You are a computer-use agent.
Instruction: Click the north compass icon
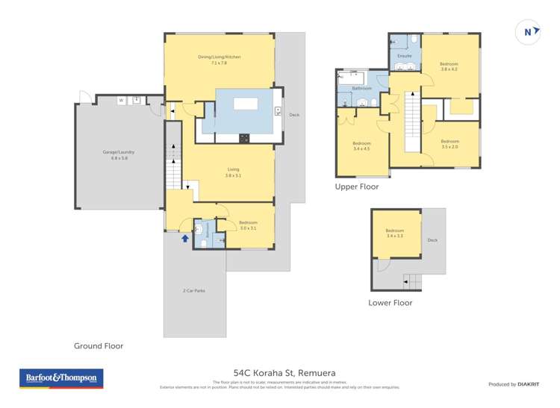(529, 31)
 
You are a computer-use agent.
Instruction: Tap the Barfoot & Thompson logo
(60, 378)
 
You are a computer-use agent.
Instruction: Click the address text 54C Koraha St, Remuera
(279, 372)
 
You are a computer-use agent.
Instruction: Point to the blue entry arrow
(184, 237)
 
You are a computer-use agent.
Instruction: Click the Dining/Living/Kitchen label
(219, 60)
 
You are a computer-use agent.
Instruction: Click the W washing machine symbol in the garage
(120, 100)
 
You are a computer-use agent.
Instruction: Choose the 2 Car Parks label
(194, 290)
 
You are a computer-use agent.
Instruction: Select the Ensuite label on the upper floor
(404, 55)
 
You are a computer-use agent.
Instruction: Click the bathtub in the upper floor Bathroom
(352, 77)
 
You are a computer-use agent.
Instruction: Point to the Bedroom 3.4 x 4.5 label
(361, 145)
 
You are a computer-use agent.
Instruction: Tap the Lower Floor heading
(390, 303)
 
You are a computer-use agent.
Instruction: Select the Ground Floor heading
(98, 346)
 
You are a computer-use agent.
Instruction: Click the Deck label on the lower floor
(432, 240)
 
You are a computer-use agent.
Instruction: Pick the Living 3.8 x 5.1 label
(234, 172)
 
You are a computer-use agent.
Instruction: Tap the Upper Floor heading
(357, 187)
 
